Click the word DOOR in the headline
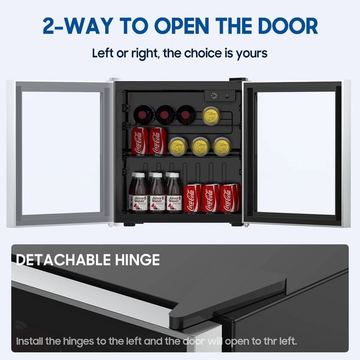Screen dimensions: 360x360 pyautogui.click(x=288, y=26)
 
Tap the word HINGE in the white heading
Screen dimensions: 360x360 pyautogui.click(x=137, y=260)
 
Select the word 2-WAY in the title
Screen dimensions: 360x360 pyautogui.click(x=78, y=26)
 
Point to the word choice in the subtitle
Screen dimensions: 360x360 pyautogui.click(x=203, y=53)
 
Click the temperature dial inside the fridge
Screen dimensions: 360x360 pyautogui.click(x=214, y=96)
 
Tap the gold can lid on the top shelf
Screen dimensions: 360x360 pyautogui.click(x=211, y=116)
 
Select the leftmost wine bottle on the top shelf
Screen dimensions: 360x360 pyautogui.click(x=143, y=115)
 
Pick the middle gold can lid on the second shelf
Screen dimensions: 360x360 pyautogui.click(x=200, y=147)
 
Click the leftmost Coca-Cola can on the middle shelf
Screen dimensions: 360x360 pyautogui.click(x=139, y=141)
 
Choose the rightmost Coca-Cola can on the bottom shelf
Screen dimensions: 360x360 pyautogui.click(x=229, y=198)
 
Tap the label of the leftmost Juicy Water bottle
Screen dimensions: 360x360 pyautogui.click(x=140, y=203)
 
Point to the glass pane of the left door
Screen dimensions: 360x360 pyautogui.click(x=61, y=153)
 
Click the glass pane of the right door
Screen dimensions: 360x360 pyautogui.click(x=296, y=153)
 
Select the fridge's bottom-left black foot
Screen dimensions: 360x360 pyautogui.click(x=129, y=224)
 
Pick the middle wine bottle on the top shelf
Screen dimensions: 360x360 pyautogui.click(x=165, y=115)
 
